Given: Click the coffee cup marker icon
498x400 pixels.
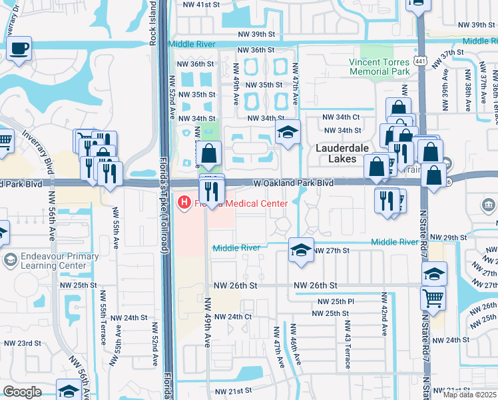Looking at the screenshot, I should (20, 48).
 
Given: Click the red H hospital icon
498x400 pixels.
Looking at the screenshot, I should (182, 201).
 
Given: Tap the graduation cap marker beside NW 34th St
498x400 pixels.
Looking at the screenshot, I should (288, 132).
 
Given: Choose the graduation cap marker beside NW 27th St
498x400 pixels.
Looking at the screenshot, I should (301, 251).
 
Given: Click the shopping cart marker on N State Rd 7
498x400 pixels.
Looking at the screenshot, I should (433, 297).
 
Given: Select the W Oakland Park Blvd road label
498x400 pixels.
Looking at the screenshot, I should (293, 183).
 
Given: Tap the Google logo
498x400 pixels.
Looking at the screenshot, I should (22, 391).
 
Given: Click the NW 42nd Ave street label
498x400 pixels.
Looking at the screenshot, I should (384, 315).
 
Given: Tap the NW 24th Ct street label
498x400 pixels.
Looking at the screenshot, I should (234, 317).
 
